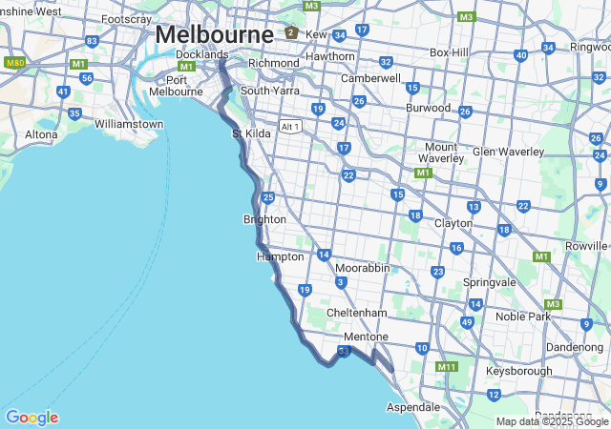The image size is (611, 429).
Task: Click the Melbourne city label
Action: (x=214, y=33)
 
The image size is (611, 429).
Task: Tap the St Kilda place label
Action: (x=252, y=133)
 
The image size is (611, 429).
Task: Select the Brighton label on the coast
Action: (x=264, y=219)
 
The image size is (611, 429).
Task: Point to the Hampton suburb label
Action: (x=280, y=256)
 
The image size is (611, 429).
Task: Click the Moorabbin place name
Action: (x=362, y=268)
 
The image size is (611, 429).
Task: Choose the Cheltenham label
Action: (x=356, y=313)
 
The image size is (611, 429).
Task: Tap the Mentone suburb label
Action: (x=366, y=337)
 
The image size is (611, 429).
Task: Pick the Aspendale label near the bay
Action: (x=413, y=406)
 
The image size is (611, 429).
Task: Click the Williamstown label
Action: (x=129, y=124)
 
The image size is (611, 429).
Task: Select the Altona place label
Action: (x=41, y=134)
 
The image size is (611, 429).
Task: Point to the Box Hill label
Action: (x=449, y=52)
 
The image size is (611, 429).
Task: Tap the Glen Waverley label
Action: (x=508, y=152)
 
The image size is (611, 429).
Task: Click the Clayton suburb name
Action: (x=453, y=223)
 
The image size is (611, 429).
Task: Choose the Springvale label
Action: (x=489, y=283)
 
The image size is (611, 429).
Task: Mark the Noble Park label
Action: (x=523, y=316)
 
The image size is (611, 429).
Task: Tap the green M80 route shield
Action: (x=14, y=63)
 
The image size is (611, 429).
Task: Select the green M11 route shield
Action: (x=447, y=367)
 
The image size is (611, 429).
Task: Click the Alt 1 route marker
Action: (x=290, y=127)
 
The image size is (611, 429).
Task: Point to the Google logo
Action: (x=32, y=418)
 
